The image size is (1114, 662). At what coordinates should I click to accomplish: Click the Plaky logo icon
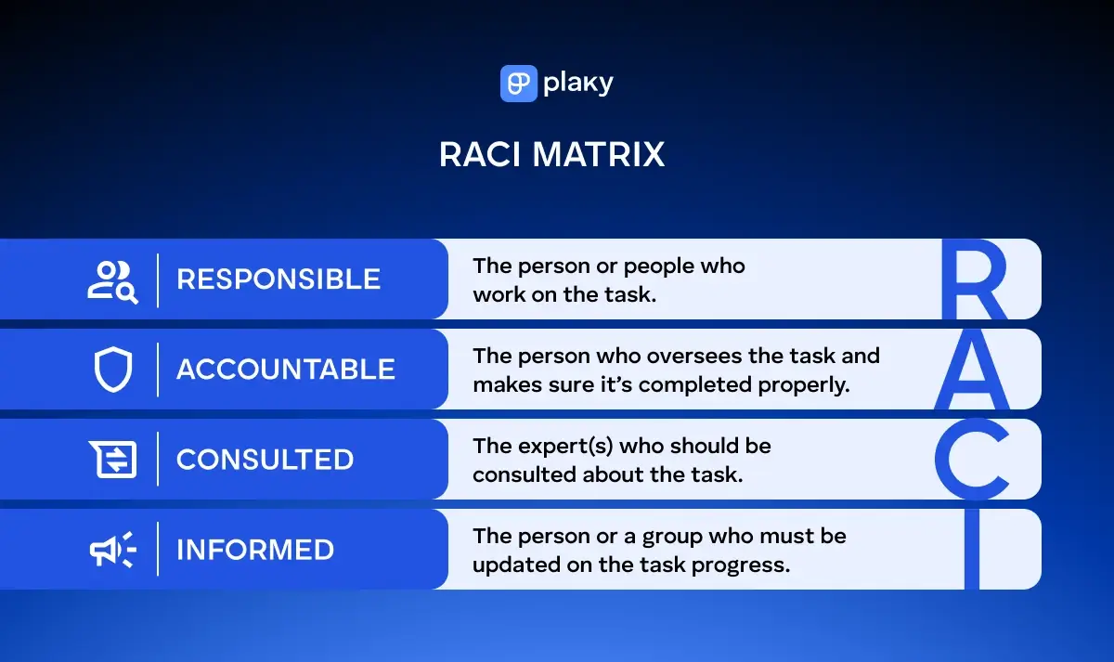(518, 84)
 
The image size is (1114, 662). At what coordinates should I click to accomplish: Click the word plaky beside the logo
(578, 84)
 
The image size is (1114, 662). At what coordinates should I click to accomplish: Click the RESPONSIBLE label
(278, 279)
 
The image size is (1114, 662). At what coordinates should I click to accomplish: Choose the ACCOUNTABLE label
(286, 370)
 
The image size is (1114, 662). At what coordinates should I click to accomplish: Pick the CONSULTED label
(265, 460)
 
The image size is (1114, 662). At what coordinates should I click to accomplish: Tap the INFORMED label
(255, 550)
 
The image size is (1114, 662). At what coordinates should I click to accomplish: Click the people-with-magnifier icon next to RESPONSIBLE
(112, 280)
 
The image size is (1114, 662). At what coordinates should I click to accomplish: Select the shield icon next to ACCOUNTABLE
(113, 370)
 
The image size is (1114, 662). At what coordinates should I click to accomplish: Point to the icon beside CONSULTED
(113, 460)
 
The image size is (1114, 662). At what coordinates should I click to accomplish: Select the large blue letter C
(971, 460)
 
